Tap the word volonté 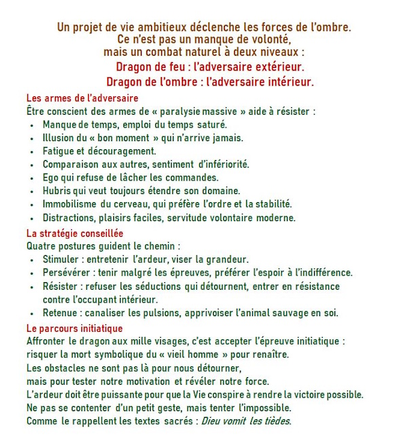tap(264, 39)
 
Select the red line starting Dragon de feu tap(210, 67)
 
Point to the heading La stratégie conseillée tap(75, 233)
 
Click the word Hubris tap(57, 191)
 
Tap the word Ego tap(51, 177)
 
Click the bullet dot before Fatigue tap(33, 151)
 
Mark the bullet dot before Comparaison tap(33, 164)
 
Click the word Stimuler tap(62, 259)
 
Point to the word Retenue tap(61, 313)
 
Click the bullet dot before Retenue tap(33, 313)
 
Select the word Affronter tap(48, 341)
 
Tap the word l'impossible tap(263, 408)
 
